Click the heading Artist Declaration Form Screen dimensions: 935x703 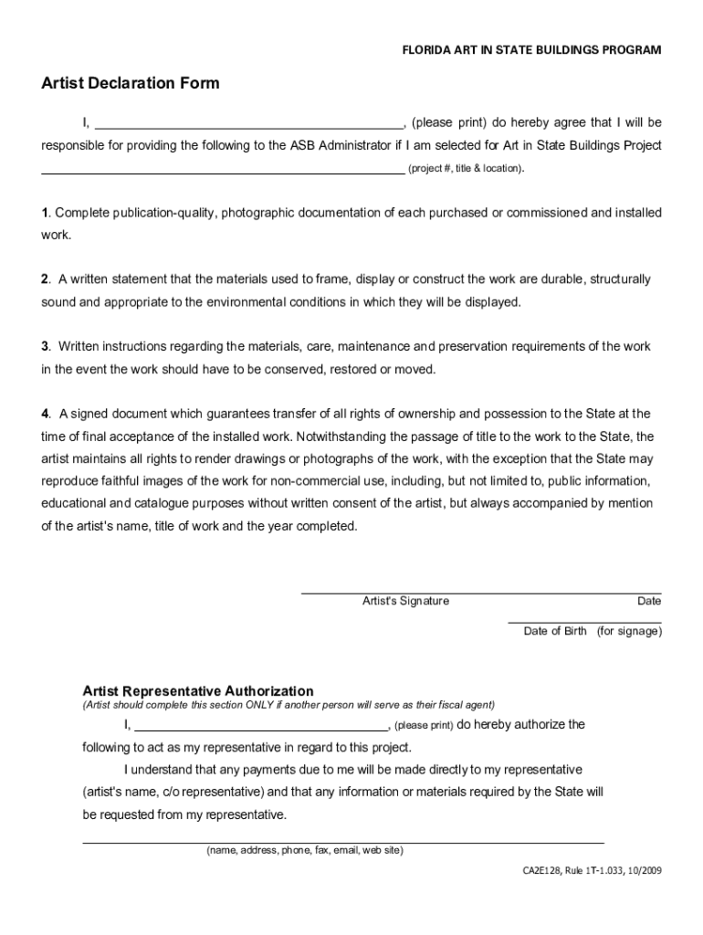pos(130,84)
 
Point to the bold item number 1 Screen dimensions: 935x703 pos(44,213)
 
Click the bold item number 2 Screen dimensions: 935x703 pos(44,279)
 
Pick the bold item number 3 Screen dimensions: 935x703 pos(44,346)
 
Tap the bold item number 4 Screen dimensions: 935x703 pos(44,414)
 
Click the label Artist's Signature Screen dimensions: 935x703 pos(405,601)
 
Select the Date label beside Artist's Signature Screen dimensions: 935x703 pos(649,601)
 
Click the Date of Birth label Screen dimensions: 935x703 pos(555,631)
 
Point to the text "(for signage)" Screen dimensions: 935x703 pos(629,631)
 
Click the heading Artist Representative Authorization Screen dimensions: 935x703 pos(198,691)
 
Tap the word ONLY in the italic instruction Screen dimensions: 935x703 pos(263,705)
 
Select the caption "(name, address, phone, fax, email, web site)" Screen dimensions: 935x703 pos(304,850)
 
